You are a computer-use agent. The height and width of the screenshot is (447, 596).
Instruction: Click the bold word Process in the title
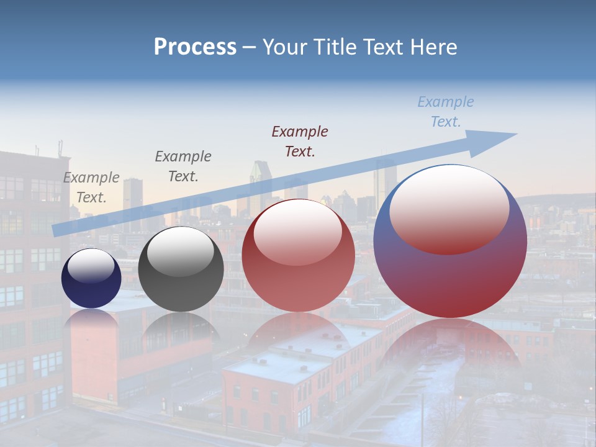pyautogui.click(x=195, y=47)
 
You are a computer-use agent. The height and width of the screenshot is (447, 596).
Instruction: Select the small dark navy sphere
pyautogui.click(x=91, y=286)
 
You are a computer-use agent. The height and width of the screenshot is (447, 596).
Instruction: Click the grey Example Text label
pyautogui.click(x=91, y=187)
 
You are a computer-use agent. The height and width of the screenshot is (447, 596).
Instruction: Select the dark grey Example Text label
pyautogui.click(x=183, y=166)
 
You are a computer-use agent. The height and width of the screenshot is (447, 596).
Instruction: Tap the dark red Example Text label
pyautogui.click(x=300, y=141)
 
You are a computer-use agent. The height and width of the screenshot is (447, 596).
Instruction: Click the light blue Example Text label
pyautogui.click(x=446, y=112)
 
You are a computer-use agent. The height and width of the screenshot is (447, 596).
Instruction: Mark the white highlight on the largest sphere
pyautogui.click(x=449, y=208)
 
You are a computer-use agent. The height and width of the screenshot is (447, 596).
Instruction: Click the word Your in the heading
pyautogui.click(x=283, y=47)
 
